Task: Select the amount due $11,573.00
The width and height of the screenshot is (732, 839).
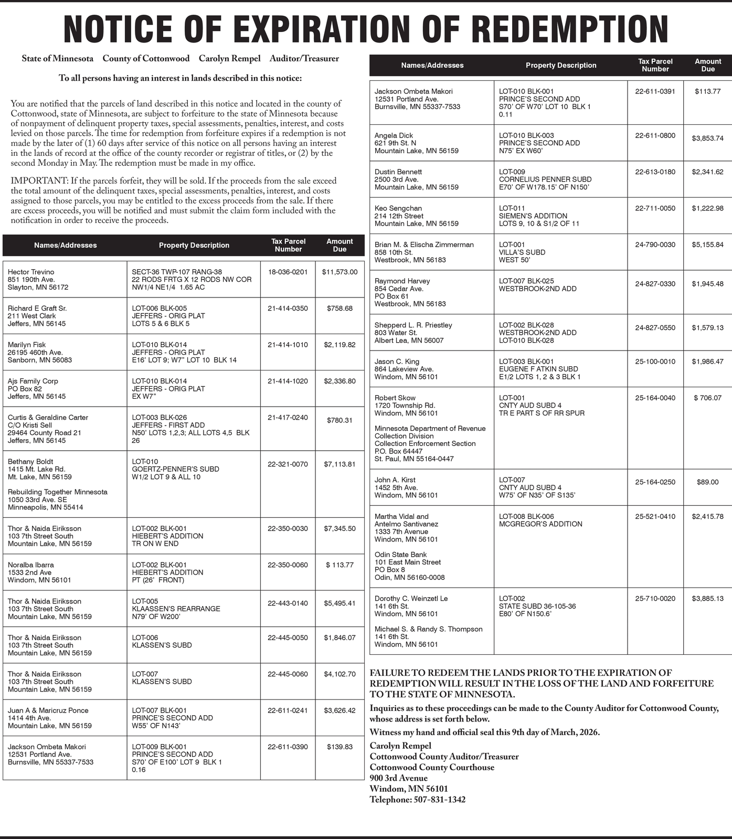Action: coord(340,272)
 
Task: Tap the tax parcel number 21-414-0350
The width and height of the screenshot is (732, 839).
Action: coord(288,309)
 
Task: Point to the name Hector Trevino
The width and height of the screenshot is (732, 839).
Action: coord(31,272)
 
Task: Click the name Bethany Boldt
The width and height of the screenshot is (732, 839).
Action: coord(30,462)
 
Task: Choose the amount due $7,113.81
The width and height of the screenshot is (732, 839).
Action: coord(340,464)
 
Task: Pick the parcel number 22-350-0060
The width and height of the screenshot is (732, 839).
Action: coord(288,565)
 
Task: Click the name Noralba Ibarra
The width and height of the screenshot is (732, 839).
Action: coord(30,565)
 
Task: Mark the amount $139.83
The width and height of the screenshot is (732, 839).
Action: coord(340,747)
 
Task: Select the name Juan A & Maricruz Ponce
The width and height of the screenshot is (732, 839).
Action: coord(48,710)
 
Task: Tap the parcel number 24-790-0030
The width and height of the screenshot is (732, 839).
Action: coord(655,245)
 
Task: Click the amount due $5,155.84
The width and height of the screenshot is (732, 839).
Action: coord(707,245)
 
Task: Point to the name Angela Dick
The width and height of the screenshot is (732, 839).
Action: coord(394,135)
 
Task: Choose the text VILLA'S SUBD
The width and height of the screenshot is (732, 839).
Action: coord(522,252)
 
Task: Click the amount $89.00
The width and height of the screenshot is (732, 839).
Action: coord(707,482)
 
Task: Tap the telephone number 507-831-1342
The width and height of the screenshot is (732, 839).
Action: coord(439,800)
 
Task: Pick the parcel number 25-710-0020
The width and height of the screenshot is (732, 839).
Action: coord(655,599)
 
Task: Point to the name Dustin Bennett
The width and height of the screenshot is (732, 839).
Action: coord(398,172)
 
